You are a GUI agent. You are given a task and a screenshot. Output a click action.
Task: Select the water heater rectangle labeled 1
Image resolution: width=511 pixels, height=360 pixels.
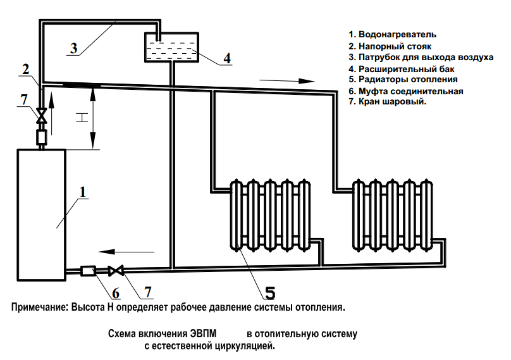pos(41,214)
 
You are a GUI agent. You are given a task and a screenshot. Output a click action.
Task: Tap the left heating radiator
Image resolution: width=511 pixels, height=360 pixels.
pos(272,215)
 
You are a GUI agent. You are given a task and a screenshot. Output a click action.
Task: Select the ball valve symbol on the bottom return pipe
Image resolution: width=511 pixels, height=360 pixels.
pos(115,271)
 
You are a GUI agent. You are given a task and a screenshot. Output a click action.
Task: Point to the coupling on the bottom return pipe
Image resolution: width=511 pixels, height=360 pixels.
pos(88,271)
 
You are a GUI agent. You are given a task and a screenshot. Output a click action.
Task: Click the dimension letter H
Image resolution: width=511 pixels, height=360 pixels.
pos(80,118)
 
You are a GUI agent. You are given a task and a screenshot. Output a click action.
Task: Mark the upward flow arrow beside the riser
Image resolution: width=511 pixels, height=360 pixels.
pos(52,115)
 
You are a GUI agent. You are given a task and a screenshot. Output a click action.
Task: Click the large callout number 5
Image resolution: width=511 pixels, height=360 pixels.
pos(270,292)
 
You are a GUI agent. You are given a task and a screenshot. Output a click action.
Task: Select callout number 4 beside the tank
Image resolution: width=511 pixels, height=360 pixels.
pos(226,58)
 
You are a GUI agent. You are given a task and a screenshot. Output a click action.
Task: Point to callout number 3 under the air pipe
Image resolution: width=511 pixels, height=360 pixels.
pos(73,49)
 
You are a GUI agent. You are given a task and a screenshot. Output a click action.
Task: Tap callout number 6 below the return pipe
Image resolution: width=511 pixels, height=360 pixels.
pos(115,292)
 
